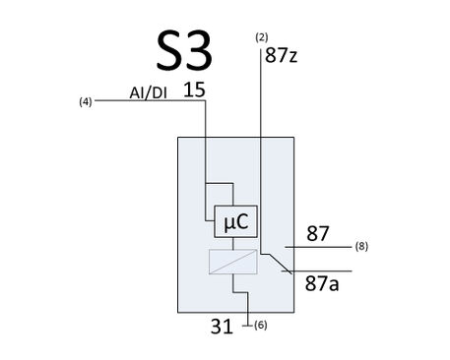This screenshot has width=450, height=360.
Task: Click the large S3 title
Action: (x=184, y=50)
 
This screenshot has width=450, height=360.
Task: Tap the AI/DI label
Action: (x=148, y=93)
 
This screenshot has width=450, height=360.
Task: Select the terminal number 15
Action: (x=194, y=90)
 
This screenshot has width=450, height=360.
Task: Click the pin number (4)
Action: (x=86, y=102)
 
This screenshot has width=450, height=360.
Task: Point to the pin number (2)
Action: (x=262, y=37)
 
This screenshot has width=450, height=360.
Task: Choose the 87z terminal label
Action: (x=282, y=55)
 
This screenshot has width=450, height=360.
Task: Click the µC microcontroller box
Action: (x=235, y=221)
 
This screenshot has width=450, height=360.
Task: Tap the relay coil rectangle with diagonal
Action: (x=233, y=262)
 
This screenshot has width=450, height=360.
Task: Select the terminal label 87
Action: (x=317, y=233)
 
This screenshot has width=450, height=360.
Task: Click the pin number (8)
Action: (x=361, y=246)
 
